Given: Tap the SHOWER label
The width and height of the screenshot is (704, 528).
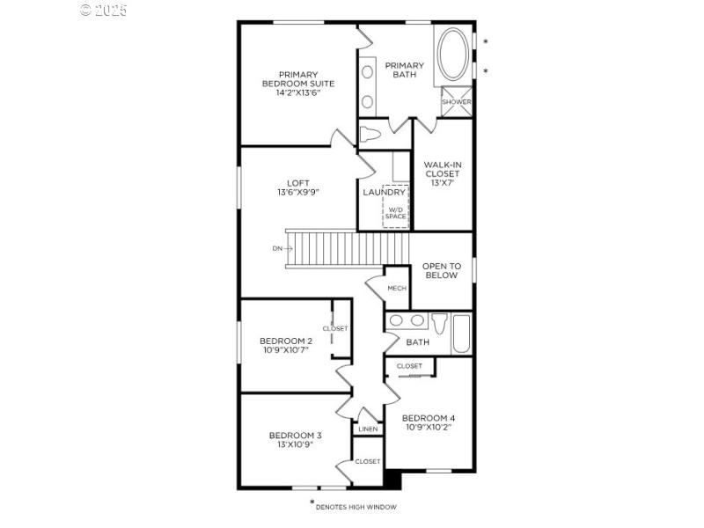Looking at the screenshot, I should point(456,102).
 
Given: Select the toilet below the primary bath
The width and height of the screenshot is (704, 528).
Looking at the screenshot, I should point(370,136).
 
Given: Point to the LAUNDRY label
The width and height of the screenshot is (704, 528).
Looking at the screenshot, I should point(384,192).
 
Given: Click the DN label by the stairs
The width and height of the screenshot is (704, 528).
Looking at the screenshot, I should point(277,248).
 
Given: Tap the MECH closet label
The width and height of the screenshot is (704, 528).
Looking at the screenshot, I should point(396,289).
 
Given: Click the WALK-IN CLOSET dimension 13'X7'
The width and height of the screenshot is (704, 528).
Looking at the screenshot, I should point(441,184).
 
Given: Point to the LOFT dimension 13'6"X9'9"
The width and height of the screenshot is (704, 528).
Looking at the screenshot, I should point(297,192).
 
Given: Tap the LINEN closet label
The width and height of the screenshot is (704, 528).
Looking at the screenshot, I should point(368,429).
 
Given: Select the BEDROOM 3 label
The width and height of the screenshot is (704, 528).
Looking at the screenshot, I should point(295,435).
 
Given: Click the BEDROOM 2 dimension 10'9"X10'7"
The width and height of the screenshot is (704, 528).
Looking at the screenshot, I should point(286,349).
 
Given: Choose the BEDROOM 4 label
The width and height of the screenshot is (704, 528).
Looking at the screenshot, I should point(428,418).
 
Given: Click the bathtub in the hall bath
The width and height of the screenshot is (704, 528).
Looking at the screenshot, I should point(461,334).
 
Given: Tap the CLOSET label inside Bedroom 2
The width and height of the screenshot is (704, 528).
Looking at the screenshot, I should point(335,328).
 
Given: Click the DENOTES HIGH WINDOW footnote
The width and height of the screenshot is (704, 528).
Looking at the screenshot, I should point(356,507).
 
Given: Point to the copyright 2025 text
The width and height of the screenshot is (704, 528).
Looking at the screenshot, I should point(104,11).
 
